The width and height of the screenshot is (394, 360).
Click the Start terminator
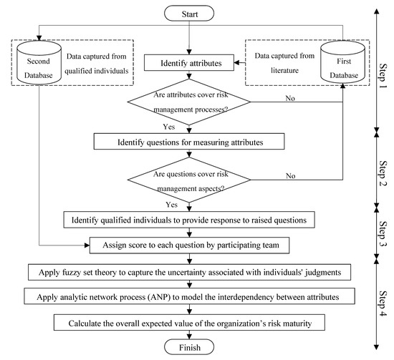[x=190, y=13]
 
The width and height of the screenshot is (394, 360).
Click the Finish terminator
[x=190, y=347]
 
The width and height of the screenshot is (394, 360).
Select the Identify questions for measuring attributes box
[x=190, y=142]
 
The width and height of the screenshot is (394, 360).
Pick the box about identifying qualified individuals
[x=190, y=220]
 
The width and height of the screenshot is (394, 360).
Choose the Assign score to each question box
[x=190, y=245]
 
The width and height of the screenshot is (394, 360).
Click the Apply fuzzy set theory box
[x=190, y=272]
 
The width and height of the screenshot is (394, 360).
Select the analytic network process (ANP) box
[x=190, y=297]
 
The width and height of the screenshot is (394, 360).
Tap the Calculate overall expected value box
[x=190, y=323]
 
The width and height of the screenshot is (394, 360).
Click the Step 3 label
[x=380, y=230]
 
